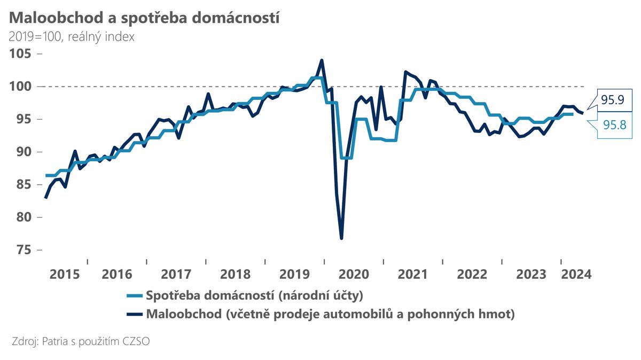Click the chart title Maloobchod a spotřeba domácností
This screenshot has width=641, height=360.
tap(144, 17)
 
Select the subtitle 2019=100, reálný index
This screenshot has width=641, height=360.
tap(71, 37)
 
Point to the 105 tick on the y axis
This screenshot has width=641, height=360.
tap(20, 54)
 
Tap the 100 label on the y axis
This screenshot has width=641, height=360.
tap(20, 87)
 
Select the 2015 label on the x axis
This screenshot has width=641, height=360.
tap(64, 275)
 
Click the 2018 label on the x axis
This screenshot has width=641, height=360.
tap(235, 275)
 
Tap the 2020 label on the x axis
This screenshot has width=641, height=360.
tap(354, 275)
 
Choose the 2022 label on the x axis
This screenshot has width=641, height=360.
tap(472, 275)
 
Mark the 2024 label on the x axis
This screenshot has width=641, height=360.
tap(575, 275)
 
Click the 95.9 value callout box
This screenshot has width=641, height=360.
tap(615, 99)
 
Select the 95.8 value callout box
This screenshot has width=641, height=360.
tap(615, 125)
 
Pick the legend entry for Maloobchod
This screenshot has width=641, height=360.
tap(330, 314)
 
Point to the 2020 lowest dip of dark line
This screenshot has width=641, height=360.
tap(341, 238)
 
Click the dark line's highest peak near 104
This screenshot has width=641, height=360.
tap(322, 60)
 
